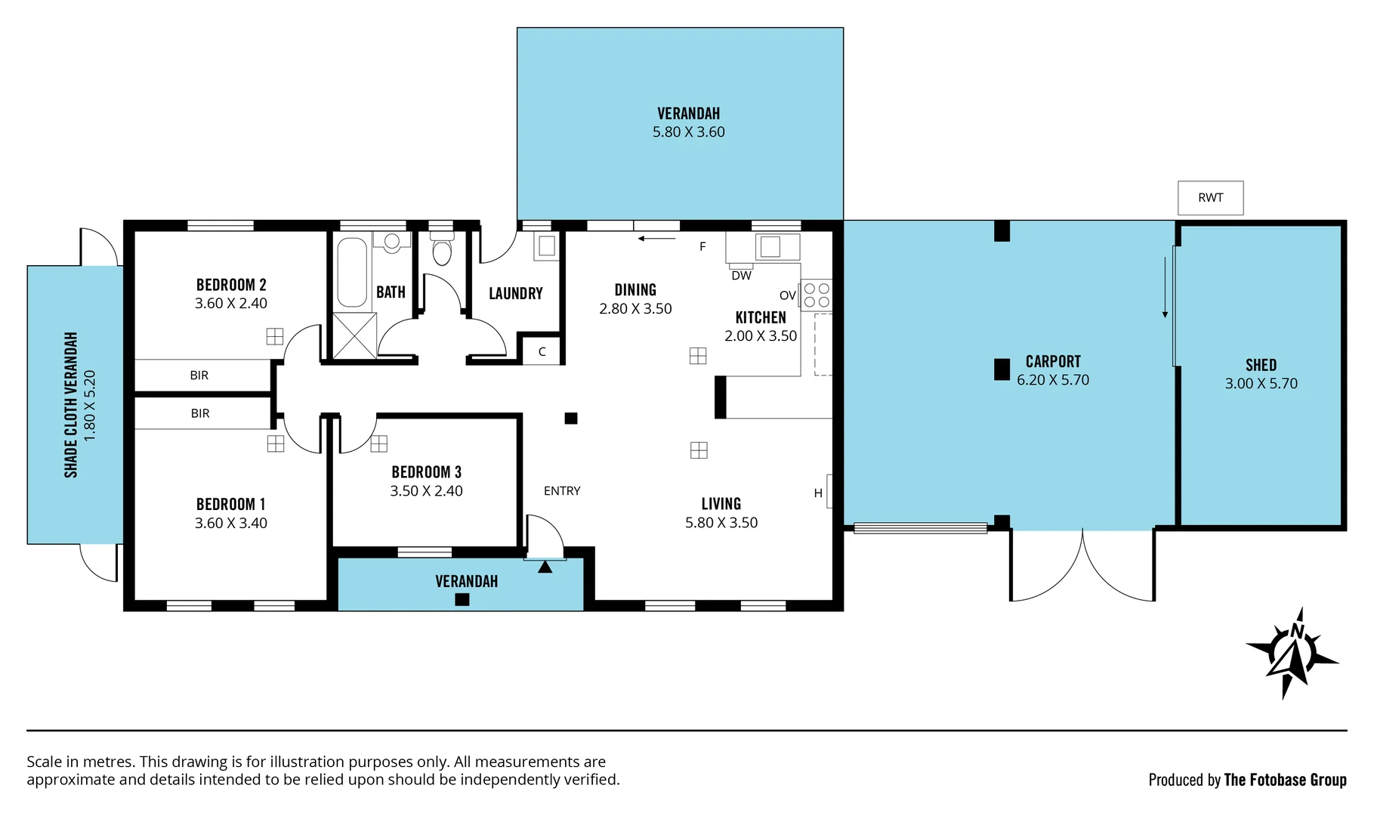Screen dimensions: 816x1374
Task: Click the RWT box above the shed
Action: (1210, 198)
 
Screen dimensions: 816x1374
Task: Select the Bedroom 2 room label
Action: (231, 285)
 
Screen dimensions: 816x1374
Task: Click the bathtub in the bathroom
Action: (351, 271)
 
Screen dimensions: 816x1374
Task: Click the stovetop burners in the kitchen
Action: (817, 295)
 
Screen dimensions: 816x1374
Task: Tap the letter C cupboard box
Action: (542, 352)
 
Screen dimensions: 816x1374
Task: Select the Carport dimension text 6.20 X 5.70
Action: (1053, 380)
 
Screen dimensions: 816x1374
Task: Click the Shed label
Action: (1261, 365)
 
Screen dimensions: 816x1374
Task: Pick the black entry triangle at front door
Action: (545, 567)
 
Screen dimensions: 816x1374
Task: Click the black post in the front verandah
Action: (462, 600)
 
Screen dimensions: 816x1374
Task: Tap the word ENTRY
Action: (562, 491)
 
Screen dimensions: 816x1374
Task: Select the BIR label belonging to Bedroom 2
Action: (199, 376)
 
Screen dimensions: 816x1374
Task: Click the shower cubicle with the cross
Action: (354, 335)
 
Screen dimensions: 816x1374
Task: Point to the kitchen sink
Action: (770, 246)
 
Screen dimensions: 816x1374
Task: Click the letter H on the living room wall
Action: (818, 493)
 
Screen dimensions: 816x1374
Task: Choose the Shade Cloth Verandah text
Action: (71, 405)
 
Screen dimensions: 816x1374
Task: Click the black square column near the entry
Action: (571, 418)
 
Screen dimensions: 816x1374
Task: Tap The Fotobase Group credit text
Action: (1285, 780)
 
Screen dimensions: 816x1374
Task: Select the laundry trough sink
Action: (546, 246)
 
